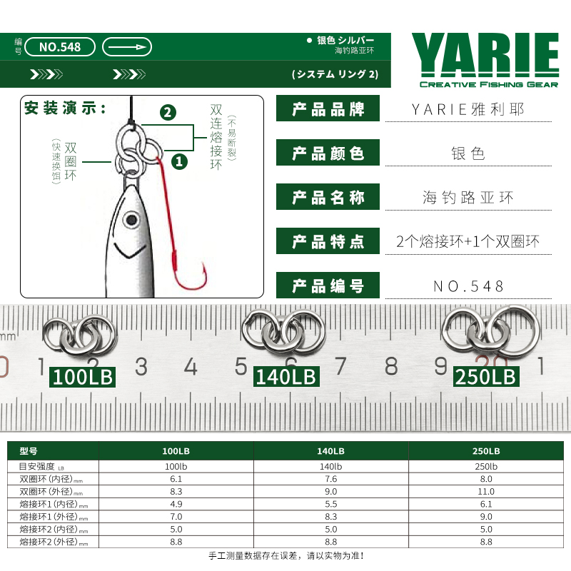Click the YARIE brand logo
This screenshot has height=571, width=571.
coord(485,60)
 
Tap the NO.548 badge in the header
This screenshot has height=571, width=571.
coord(60,47)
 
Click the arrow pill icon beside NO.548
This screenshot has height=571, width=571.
coord(127,47)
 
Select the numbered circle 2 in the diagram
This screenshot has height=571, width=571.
coord(168,113)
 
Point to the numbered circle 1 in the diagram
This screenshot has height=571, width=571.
coord(179,162)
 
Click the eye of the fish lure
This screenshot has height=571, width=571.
coord(131,220)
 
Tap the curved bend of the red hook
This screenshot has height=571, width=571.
coord(190,281)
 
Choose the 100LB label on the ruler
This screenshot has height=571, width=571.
coord(83,377)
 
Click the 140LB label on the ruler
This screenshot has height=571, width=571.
coord(286,377)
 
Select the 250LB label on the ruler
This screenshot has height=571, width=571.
coord(486,377)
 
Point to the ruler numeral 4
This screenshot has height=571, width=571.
coord(191,366)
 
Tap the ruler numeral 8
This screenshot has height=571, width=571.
coord(391,366)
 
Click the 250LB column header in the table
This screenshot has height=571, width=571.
coord(486,451)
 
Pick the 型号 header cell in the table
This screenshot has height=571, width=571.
coord(29,451)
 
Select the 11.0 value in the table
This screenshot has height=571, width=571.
coord(486,492)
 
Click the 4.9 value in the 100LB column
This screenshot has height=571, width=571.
coord(176,505)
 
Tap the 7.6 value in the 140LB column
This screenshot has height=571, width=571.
coord(330,479)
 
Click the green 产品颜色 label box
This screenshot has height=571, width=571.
coord(328,153)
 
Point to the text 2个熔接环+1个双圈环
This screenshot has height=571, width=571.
coord(468,241)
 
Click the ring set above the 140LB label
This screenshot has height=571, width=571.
coord(283,332)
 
